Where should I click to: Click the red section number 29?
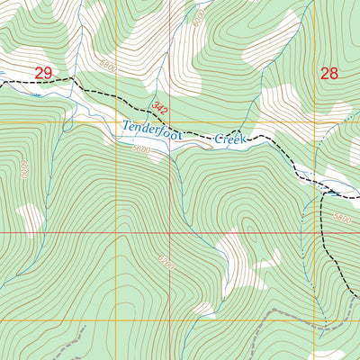[43, 72]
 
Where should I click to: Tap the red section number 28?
[329, 73]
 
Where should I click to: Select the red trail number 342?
[160, 109]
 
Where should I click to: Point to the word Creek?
[229, 140]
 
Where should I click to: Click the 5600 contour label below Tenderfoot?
[141, 148]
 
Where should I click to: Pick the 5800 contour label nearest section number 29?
[109, 67]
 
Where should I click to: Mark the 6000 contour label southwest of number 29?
[23, 168]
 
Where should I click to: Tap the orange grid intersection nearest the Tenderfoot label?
[116, 121]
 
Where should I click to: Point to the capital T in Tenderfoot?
[126, 126]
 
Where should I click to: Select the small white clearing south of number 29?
[30, 217]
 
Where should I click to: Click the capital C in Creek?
[217, 139]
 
